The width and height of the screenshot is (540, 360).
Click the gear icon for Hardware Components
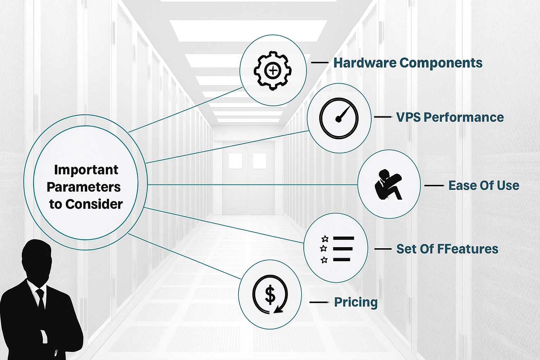click(273, 70)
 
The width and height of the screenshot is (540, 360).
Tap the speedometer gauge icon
click(339, 118)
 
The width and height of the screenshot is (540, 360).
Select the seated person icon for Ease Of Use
click(388, 185)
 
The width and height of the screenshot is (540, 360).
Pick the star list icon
click(337, 249)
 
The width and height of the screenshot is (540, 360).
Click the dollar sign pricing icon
click(270, 295)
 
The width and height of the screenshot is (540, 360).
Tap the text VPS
click(408, 117)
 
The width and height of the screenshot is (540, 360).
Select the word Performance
click(463, 117)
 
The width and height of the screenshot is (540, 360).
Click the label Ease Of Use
click(484, 186)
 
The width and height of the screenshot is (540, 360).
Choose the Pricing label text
click(356, 302)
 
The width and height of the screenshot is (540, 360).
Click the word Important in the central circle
click(86, 170)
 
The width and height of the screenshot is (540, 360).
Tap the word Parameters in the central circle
click(84, 187)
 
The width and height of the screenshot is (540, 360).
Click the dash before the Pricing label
click(319, 302)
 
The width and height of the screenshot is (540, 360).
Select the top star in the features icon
click(325, 239)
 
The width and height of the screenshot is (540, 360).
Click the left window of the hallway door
click(236, 161)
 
